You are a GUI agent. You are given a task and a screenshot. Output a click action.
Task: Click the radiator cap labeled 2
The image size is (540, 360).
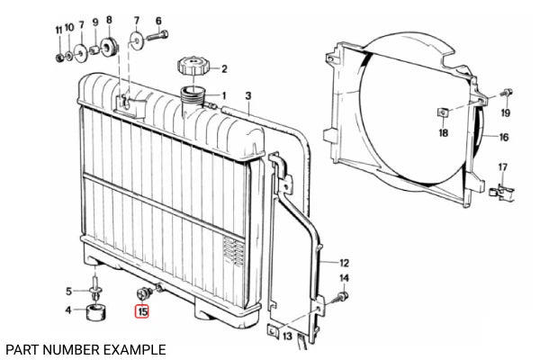click(x=193, y=66)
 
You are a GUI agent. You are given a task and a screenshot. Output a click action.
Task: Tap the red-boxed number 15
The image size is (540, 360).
click(x=142, y=311)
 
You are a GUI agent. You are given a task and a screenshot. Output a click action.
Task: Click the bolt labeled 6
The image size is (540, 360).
click(x=158, y=35)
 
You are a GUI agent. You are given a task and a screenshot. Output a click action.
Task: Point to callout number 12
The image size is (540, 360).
click(x=344, y=263)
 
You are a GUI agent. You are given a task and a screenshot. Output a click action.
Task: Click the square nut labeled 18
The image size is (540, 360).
click(x=443, y=112)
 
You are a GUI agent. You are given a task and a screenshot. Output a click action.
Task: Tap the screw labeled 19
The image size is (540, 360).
click(x=507, y=93)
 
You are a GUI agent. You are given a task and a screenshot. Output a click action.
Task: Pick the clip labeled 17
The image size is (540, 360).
click(x=502, y=193)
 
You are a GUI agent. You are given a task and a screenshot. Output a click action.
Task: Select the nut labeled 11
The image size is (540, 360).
click(x=59, y=57)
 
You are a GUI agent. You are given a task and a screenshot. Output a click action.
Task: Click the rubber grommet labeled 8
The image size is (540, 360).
click(x=109, y=47)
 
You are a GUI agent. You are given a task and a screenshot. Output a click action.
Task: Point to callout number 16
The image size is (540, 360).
click(x=503, y=138)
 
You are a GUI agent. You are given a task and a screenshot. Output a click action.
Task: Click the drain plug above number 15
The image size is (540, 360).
click(x=145, y=293)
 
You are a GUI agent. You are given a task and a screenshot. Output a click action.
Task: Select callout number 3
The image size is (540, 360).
click(x=248, y=95)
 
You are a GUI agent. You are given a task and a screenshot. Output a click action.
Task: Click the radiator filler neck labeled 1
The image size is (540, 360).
click(x=193, y=97)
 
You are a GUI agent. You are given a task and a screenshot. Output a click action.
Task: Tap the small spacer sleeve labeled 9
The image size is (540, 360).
click(x=94, y=50)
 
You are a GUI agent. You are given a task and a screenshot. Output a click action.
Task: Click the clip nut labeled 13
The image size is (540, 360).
click(x=273, y=331)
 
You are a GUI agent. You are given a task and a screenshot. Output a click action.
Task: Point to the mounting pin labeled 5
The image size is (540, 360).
click(x=94, y=287)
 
